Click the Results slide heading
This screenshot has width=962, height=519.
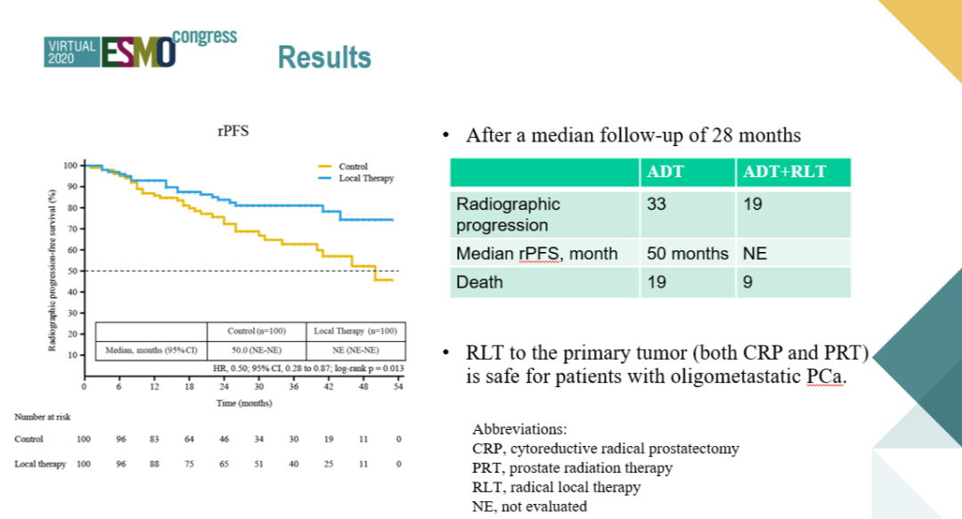click(324, 58)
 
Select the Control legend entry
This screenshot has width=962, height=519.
click(353, 166)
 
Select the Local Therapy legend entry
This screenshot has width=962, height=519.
click(365, 178)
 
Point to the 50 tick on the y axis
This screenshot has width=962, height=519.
click(72, 271)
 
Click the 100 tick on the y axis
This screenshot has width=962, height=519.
click(70, 166)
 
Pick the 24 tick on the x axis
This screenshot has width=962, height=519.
click(224, 387)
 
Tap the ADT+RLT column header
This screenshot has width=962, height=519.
click(785, 172)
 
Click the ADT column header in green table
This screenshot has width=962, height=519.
click(665, 172)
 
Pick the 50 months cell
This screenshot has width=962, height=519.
click(688, 254)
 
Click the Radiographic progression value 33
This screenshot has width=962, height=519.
click(656, 204)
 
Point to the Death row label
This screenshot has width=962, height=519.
click(479, 282)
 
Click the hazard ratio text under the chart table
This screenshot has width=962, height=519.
click(308, 368)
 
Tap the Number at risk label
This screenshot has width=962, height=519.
click(42, 417)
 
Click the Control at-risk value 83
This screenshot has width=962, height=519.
click(154, 439)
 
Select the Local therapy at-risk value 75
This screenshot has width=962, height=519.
click(189, 464)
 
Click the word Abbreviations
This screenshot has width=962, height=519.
click(514, 427)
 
